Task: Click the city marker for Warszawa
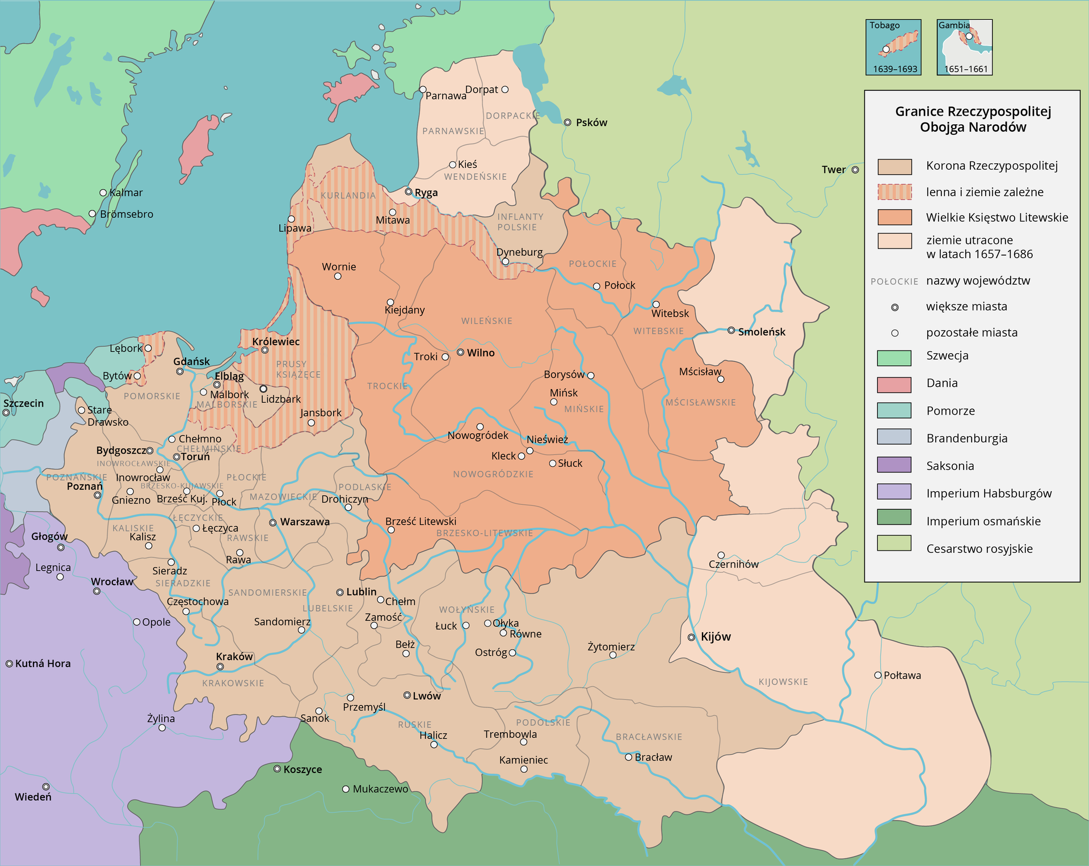coord(273,522)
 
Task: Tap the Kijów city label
coord(716,637)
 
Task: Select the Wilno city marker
coord(461,353)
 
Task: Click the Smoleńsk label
coord(762,332)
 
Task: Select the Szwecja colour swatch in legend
coord(894,357)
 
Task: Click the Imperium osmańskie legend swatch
coord(894,517)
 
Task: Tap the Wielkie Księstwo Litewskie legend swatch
coord(894,217)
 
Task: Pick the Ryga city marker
coord(408,192)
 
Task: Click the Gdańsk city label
coord(192,361)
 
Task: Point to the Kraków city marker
coord(220,666)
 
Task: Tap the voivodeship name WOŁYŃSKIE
coord(466,610)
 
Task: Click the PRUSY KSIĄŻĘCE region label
coord(298,369)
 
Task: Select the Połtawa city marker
coord(878,675)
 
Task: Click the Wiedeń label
coord(33,797)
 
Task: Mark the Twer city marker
coord(855,170)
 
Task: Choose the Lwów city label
coord(427,696)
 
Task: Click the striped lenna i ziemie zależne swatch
coord(894,192)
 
